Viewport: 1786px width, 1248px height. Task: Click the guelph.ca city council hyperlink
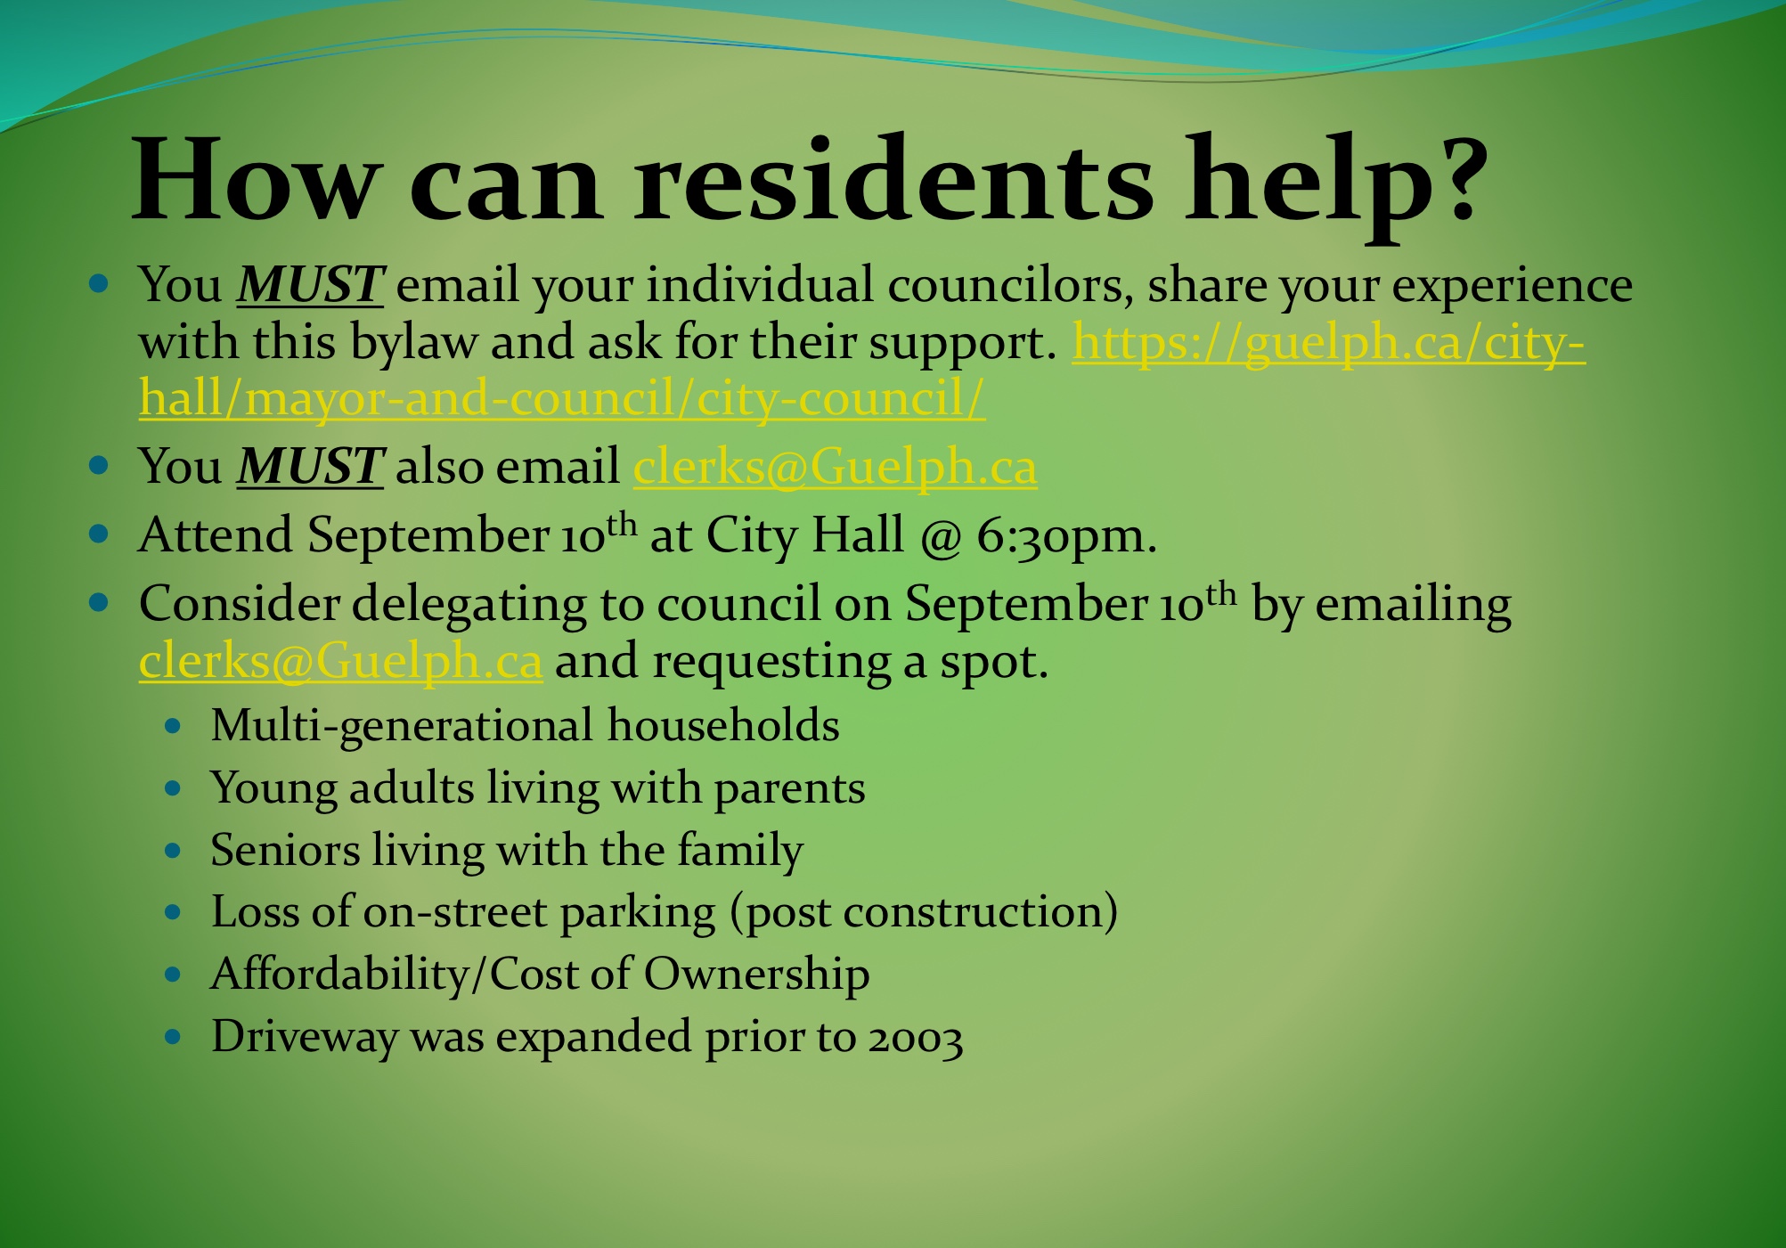coord(862,370)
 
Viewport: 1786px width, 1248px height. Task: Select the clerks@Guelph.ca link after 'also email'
coord(835,466)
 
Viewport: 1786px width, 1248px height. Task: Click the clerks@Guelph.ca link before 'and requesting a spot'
coord(340,661)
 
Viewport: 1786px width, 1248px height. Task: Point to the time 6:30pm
coord(1066,536)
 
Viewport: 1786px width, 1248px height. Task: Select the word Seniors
coord(285,850)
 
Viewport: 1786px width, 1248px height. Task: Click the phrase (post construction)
coord(924,913)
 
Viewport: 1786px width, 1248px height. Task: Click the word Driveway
coord(305,1038)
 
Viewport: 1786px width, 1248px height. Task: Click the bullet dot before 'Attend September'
coord(99,534)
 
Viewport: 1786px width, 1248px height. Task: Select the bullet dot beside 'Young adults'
coord(174,788)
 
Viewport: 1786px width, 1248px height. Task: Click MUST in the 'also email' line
coord(310,466)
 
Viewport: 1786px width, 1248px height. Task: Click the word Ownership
coord(756,975)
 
